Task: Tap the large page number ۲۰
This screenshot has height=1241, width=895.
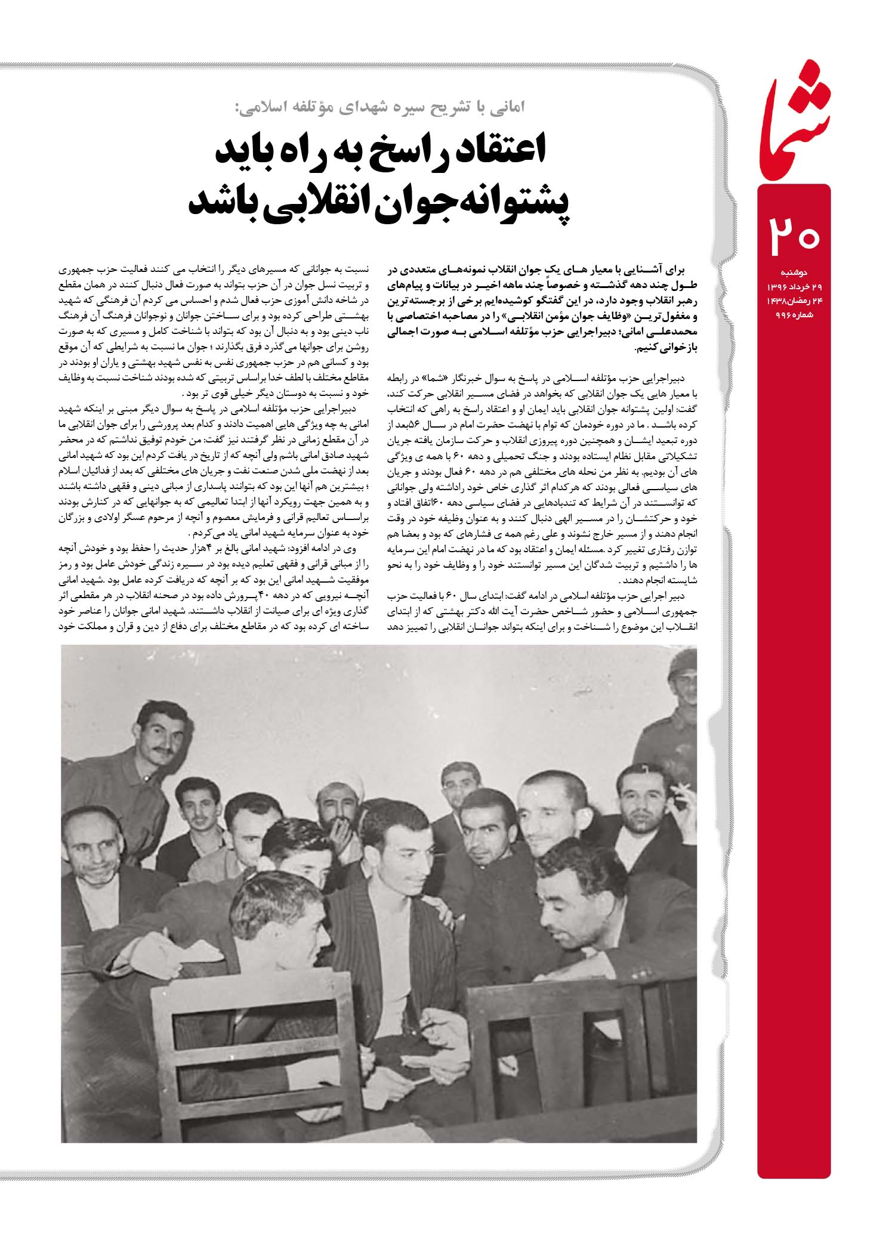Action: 793,236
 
